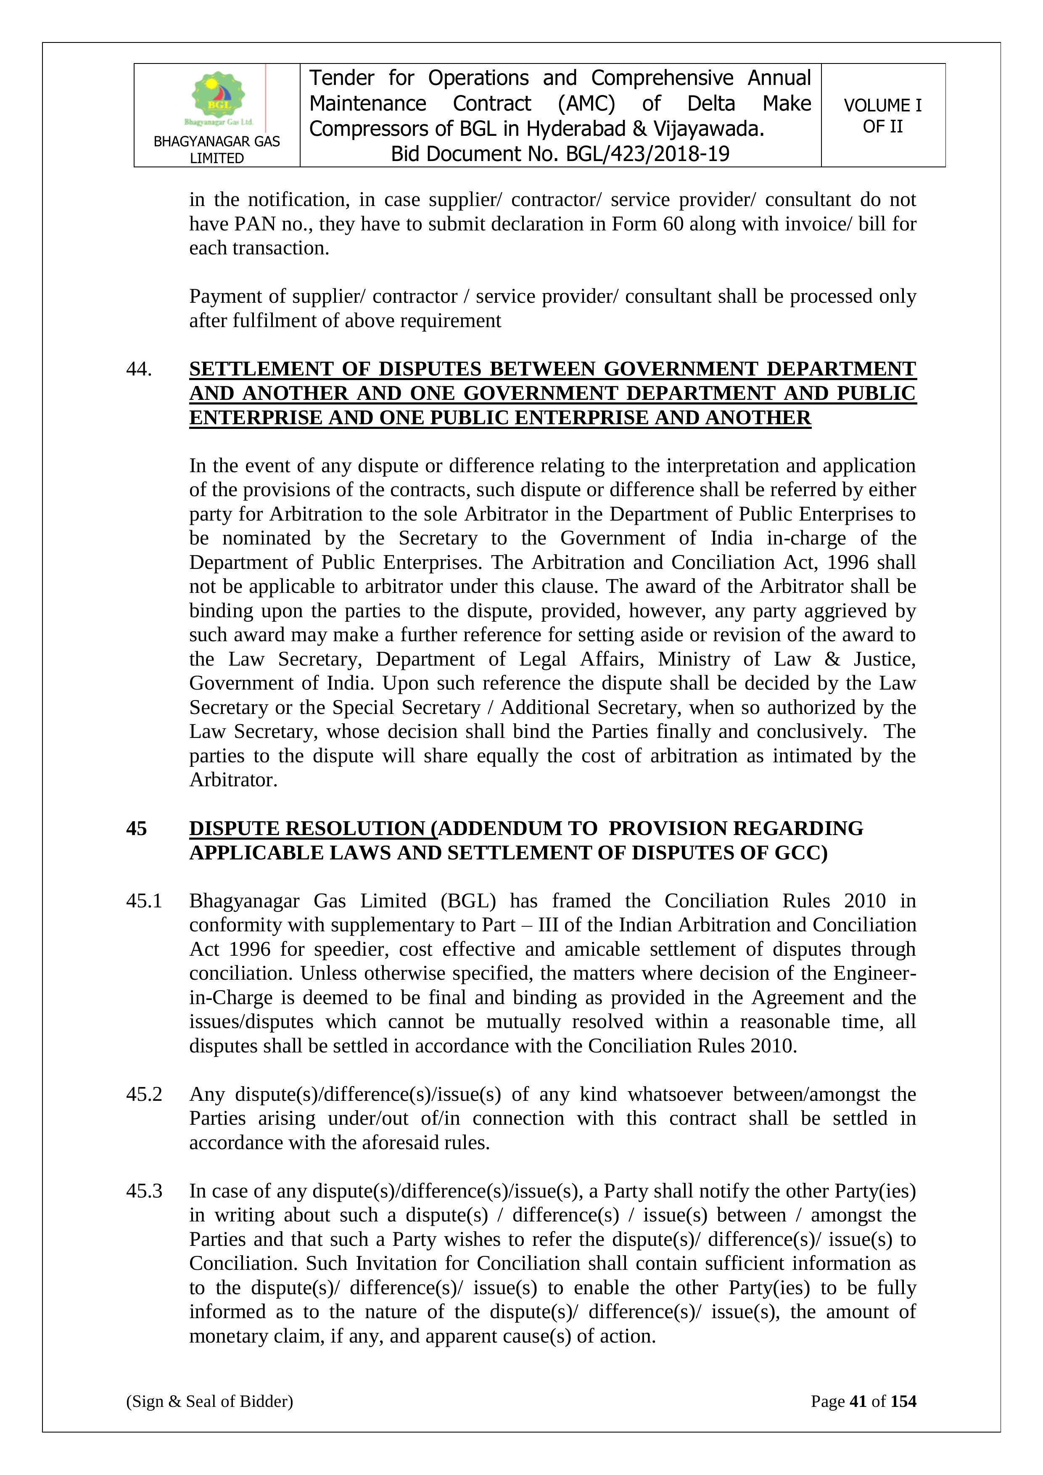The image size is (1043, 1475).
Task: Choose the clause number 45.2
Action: coord(144,1094)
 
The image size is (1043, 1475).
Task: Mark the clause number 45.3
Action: coord(144,1191)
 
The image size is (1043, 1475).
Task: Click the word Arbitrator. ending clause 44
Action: coord(233,780)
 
